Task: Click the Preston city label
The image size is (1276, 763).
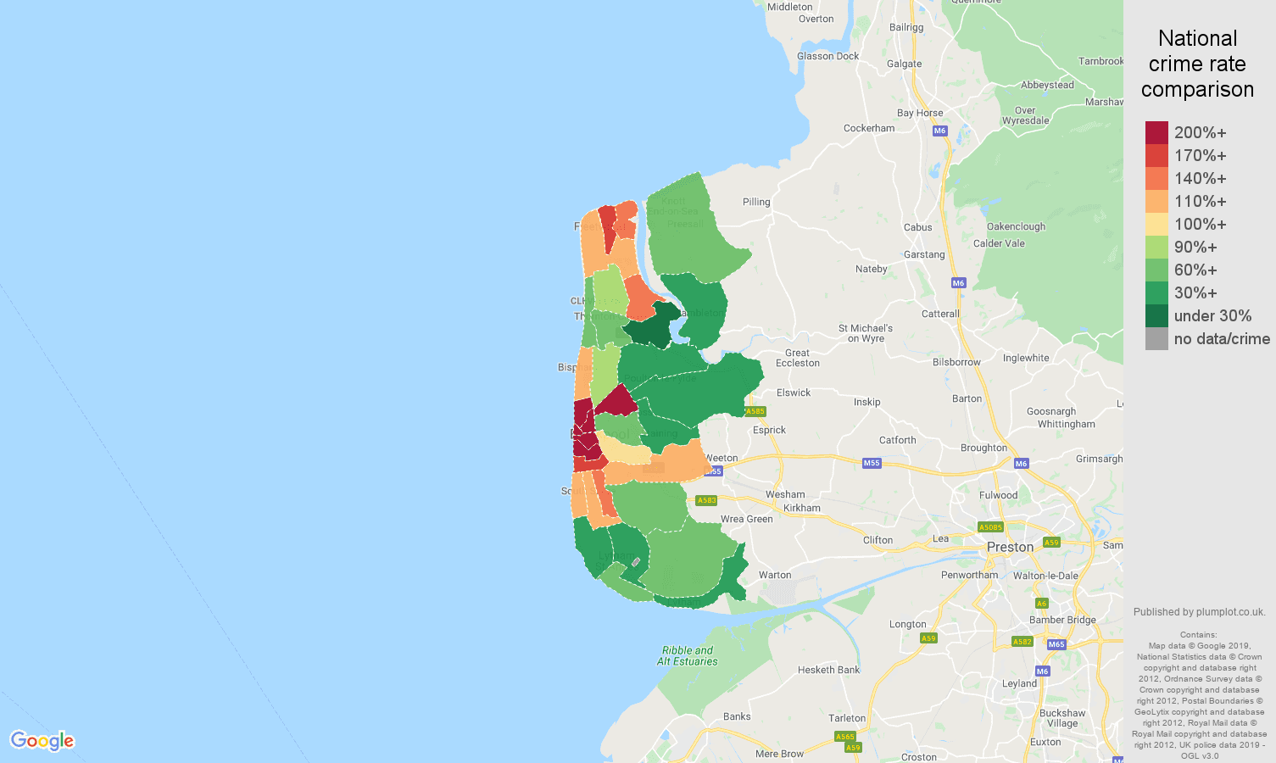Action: click(1010, 547)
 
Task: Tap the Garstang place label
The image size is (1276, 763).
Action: click(923, 254)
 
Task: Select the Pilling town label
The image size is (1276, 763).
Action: click(756, 202)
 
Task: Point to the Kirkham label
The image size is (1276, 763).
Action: click(801, 508)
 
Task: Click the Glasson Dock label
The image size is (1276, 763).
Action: click(827, 56)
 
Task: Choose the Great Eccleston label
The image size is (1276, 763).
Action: click(797, 358)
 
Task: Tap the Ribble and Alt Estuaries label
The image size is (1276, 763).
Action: click(687, 656)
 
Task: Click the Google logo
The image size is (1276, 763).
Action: click(42, 741)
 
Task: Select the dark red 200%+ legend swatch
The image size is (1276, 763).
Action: click(1156, 132)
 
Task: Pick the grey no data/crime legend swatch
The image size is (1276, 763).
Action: click(1156, 338)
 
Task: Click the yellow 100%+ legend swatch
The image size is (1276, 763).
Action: click(1156, 224)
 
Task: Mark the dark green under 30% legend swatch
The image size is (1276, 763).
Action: click(1156, 315)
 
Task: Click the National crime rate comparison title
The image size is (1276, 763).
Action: click(1197, 64)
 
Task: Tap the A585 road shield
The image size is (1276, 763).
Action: click(755, 411)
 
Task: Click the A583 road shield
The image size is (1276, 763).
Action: click(706, 500)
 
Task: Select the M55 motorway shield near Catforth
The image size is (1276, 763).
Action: click(872, 463)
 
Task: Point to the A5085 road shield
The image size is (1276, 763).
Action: click(990, 527)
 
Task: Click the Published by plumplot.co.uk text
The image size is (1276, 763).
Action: click(1199, 612)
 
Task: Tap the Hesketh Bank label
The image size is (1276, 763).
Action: click(828, 670)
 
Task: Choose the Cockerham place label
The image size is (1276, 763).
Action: click(868, 128)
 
